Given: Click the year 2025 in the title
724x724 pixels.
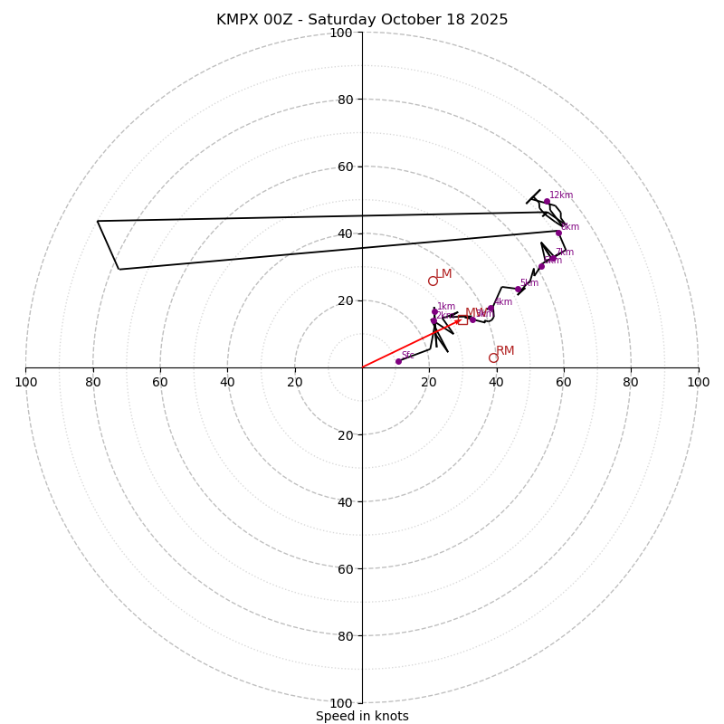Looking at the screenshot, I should [488, 20].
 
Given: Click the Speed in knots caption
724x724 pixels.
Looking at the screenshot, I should [362, 716].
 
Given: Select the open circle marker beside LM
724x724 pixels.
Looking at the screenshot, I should [433, 281].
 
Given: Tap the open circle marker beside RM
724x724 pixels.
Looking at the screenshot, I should [493, 357].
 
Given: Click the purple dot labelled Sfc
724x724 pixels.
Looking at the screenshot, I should [398, 361].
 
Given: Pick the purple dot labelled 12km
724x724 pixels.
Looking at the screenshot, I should [547, 202].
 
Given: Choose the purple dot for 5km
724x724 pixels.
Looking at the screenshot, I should [518, 290].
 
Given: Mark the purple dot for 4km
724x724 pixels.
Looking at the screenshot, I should [491, 309].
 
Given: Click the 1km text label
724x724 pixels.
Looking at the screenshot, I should [446, 307].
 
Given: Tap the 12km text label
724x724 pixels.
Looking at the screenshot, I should [561, 195].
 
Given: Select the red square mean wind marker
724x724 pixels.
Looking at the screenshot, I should [462, 320].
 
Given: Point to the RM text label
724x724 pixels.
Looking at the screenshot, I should [505, 351].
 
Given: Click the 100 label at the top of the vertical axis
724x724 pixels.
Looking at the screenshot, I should [341, 33].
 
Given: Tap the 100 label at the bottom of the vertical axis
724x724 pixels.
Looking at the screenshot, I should [341, 703].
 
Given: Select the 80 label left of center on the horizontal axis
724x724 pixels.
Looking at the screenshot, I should [93, 382].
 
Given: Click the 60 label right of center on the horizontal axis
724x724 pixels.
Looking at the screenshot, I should [564, 382].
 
